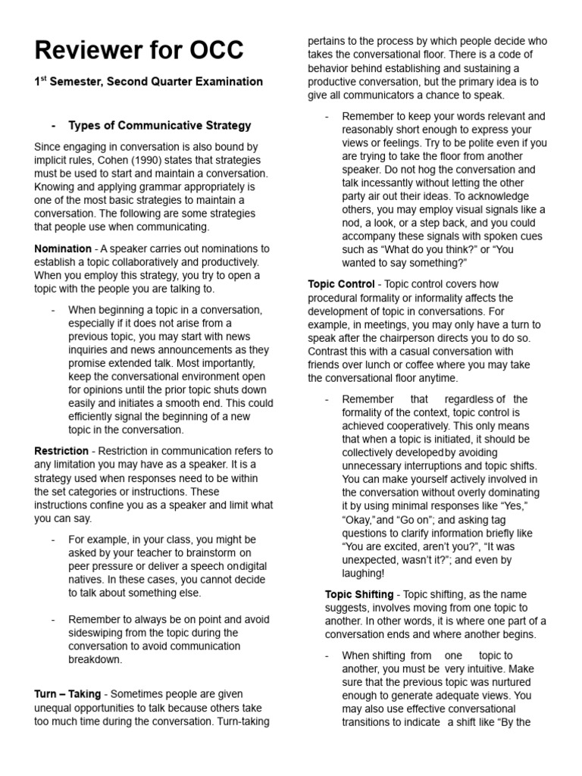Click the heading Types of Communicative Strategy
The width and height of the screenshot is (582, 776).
click(x=160, y=125)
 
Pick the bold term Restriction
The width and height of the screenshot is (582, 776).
click(x=61, y=451)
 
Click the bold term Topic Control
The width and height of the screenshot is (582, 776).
click(x=341, y=284)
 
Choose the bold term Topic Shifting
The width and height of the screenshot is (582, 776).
click(x=359, y=595)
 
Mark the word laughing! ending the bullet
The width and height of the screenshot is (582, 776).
click(x=364, y=574)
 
